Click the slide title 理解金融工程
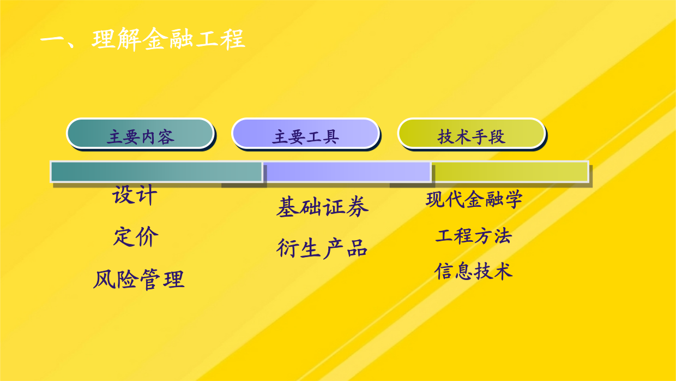pyautogui.click(x=168, y=39)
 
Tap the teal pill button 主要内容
pyautogui.click(x=140, y=134)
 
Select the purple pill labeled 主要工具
pyautogui.click(x=305, y=134)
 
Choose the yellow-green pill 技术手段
pyautogui.click(x=472, y=134)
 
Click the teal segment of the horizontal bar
pyautogui.click(x=156, y=171)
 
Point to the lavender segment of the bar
pyautogui.click(x=347, y=171)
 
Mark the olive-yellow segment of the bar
pyautogui.click(x=510, y=171)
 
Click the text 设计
pyautogui.click(x=135, y=195)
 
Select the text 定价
pyautogui.click(x=136, y=236)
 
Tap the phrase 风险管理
pyautogui.click(x=139, y=279)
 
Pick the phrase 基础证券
pyautogui.click(x=322, y=207)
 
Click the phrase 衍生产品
pyautogui.click(x=322, y=248)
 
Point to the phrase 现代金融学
pyautogui.click(x=474, y=199)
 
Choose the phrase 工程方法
pyautogui.click(x=474, y=236)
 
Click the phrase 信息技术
pyautogui.click(x=474, y=271)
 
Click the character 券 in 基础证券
pyautogui.click(x=357, y=207)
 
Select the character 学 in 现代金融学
pyautogui.click(x=513, y=199)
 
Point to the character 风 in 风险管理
pyautogui.click(x=105, y=279)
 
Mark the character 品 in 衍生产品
pyautogui.click(x=357, y=248)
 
